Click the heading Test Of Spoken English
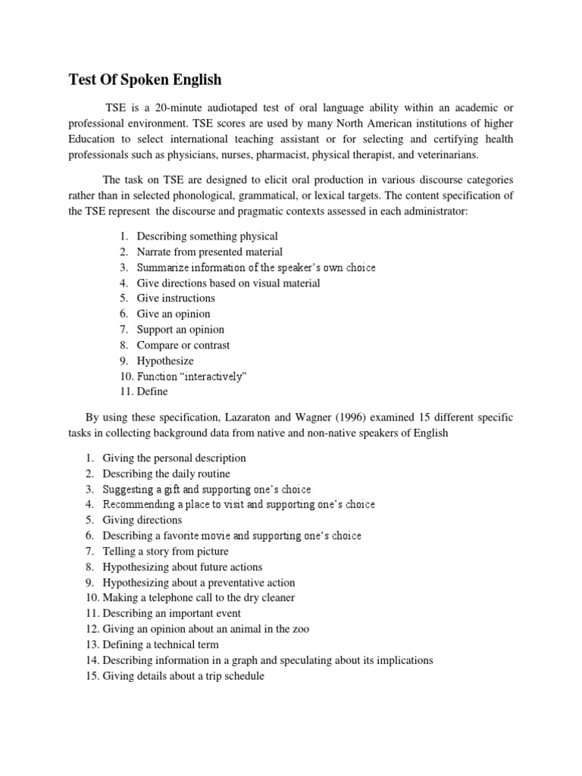[x=145, y=80]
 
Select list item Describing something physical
[x=207, y=236]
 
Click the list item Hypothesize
[x=164, y=361]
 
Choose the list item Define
[x=152, y=392]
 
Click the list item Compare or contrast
[x=183, y=346]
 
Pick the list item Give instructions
[x=176, y=299]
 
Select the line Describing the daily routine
[x=166, y=474]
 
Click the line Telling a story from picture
[x=165, y=551]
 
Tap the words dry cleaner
[x=266, y=598]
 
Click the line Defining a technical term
[x=161, y=644]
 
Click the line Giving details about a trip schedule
[x=183, y=676]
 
